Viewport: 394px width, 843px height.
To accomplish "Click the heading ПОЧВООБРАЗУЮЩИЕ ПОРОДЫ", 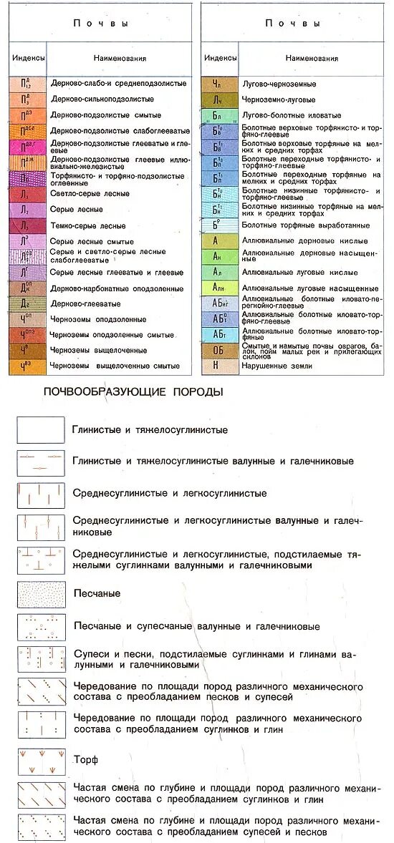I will [x=133, y=392].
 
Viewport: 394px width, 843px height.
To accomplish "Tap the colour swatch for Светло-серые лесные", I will [x=27, y=194].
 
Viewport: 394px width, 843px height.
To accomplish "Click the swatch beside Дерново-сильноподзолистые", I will [x=27, y=99].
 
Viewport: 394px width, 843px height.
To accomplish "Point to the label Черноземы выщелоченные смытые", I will [x=115, y=366].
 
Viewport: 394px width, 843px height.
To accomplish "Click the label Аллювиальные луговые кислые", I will [x=290, y=273].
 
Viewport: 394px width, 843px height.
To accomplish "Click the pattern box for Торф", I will [x=42, y=761].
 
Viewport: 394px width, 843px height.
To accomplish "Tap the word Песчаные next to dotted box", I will [x=97, y=594].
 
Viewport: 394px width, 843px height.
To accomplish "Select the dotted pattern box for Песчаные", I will [x=42, y=594].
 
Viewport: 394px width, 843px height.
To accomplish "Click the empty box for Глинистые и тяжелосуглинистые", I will [x=42, y=430].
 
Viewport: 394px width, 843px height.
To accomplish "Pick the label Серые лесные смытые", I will [x=92, y=242].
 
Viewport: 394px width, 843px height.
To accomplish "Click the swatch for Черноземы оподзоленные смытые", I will [x=27, y=335].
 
